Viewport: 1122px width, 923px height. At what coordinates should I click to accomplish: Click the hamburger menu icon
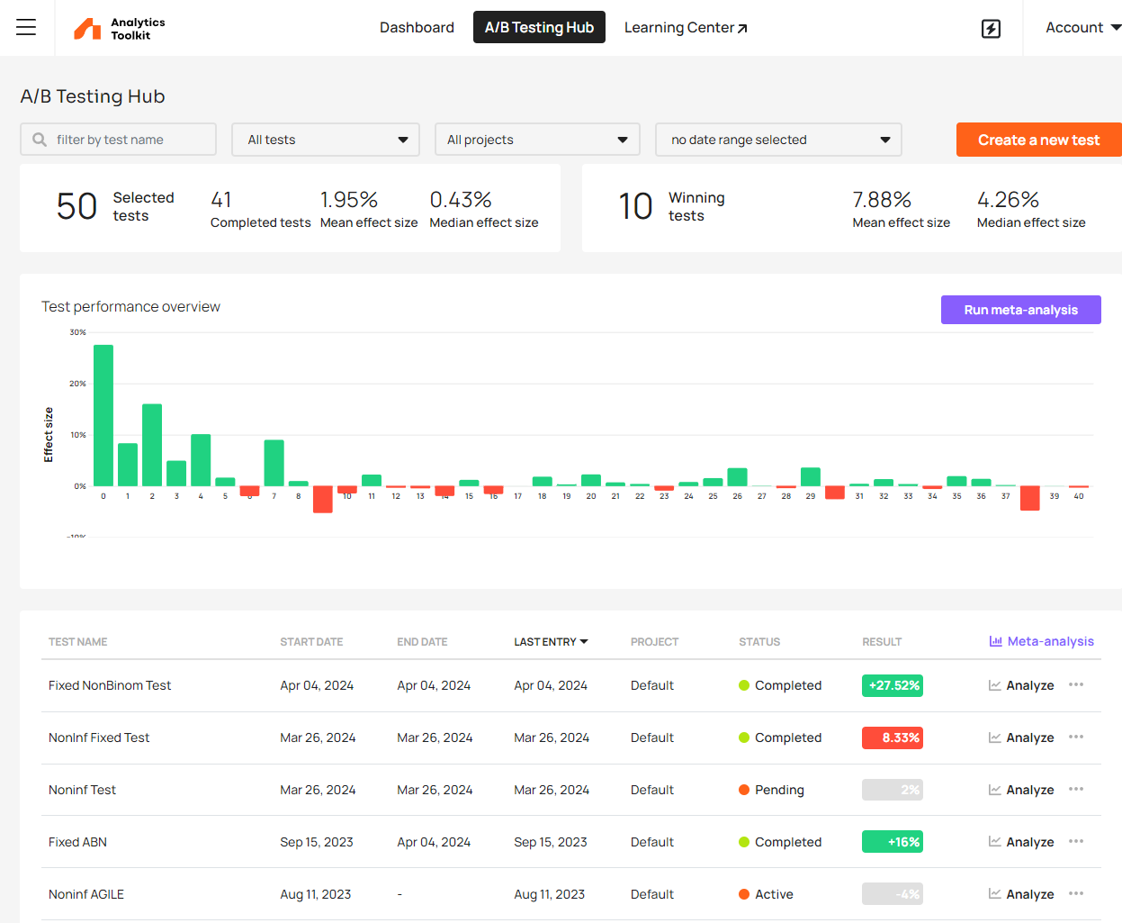point(26,27)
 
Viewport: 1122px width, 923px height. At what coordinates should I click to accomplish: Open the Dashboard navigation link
point(417,27)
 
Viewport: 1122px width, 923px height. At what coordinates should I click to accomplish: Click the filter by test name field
point(119,140)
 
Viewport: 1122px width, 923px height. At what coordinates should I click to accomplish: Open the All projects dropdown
point(537,140)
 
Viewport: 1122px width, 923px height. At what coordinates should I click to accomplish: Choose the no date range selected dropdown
point(778,140)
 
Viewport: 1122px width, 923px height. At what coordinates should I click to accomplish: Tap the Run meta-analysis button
point(1020,310)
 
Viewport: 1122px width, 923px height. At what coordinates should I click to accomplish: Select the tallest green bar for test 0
point(103,415)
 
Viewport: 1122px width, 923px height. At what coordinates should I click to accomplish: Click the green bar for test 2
point(152,445)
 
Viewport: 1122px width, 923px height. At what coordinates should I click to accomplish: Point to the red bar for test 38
point(1029,498)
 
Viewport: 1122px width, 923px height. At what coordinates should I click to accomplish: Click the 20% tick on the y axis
point(78,384)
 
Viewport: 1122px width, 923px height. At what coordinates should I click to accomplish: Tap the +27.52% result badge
point(893,685)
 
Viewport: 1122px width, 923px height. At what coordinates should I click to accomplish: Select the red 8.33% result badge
point(893,737)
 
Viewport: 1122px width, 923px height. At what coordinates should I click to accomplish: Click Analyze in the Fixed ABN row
point(1021,842)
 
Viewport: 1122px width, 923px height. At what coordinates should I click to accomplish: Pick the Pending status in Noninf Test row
point(771,790)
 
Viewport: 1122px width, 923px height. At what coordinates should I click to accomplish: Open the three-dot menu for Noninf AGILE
point(1076,894)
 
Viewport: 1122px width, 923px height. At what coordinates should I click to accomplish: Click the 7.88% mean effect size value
point(882,199)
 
